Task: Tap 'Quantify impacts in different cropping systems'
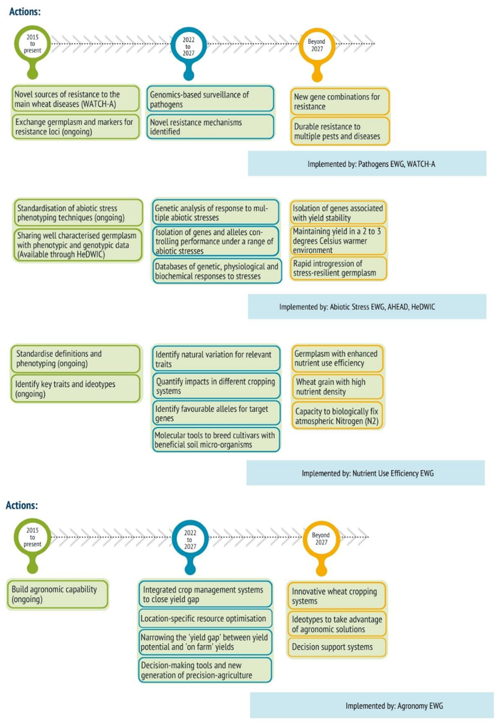click(x=216, y=386)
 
